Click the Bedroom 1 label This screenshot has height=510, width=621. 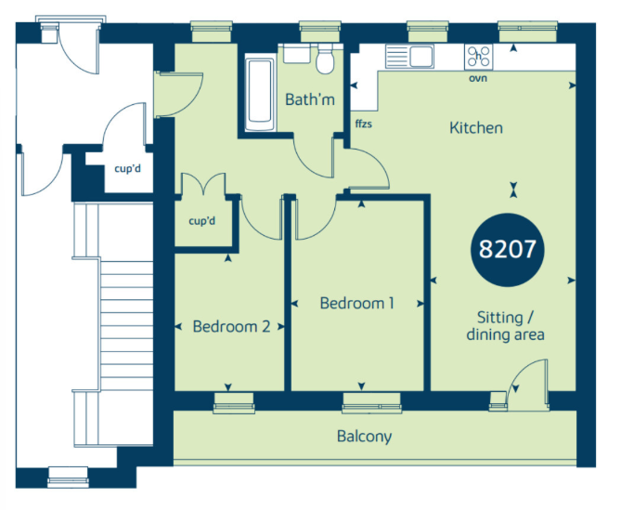point(357,303)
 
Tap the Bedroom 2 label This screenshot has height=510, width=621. point(232,326)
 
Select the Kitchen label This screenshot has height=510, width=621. point(476,128)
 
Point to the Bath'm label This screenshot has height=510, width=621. point(310,99)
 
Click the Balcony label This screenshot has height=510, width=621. point(365,437)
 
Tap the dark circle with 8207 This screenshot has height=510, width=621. point(508,250)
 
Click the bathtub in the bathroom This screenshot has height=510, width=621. point(259,95)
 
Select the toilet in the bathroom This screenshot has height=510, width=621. point(325,59)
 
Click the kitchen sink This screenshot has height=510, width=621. point(409,57)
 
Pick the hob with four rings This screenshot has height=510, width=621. point(478,57)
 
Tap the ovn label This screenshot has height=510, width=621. point(478,78)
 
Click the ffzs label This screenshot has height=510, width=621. point(364,124)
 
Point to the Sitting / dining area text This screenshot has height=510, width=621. point(505,326)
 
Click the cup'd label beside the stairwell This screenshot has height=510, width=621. point(127,169)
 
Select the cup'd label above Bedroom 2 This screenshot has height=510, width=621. point(202,221)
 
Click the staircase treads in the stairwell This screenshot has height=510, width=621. point(126,325)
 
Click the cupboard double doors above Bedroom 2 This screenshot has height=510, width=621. point(203,184)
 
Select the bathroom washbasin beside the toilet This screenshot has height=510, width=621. point(297,54)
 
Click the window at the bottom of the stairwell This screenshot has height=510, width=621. point(68,477)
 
